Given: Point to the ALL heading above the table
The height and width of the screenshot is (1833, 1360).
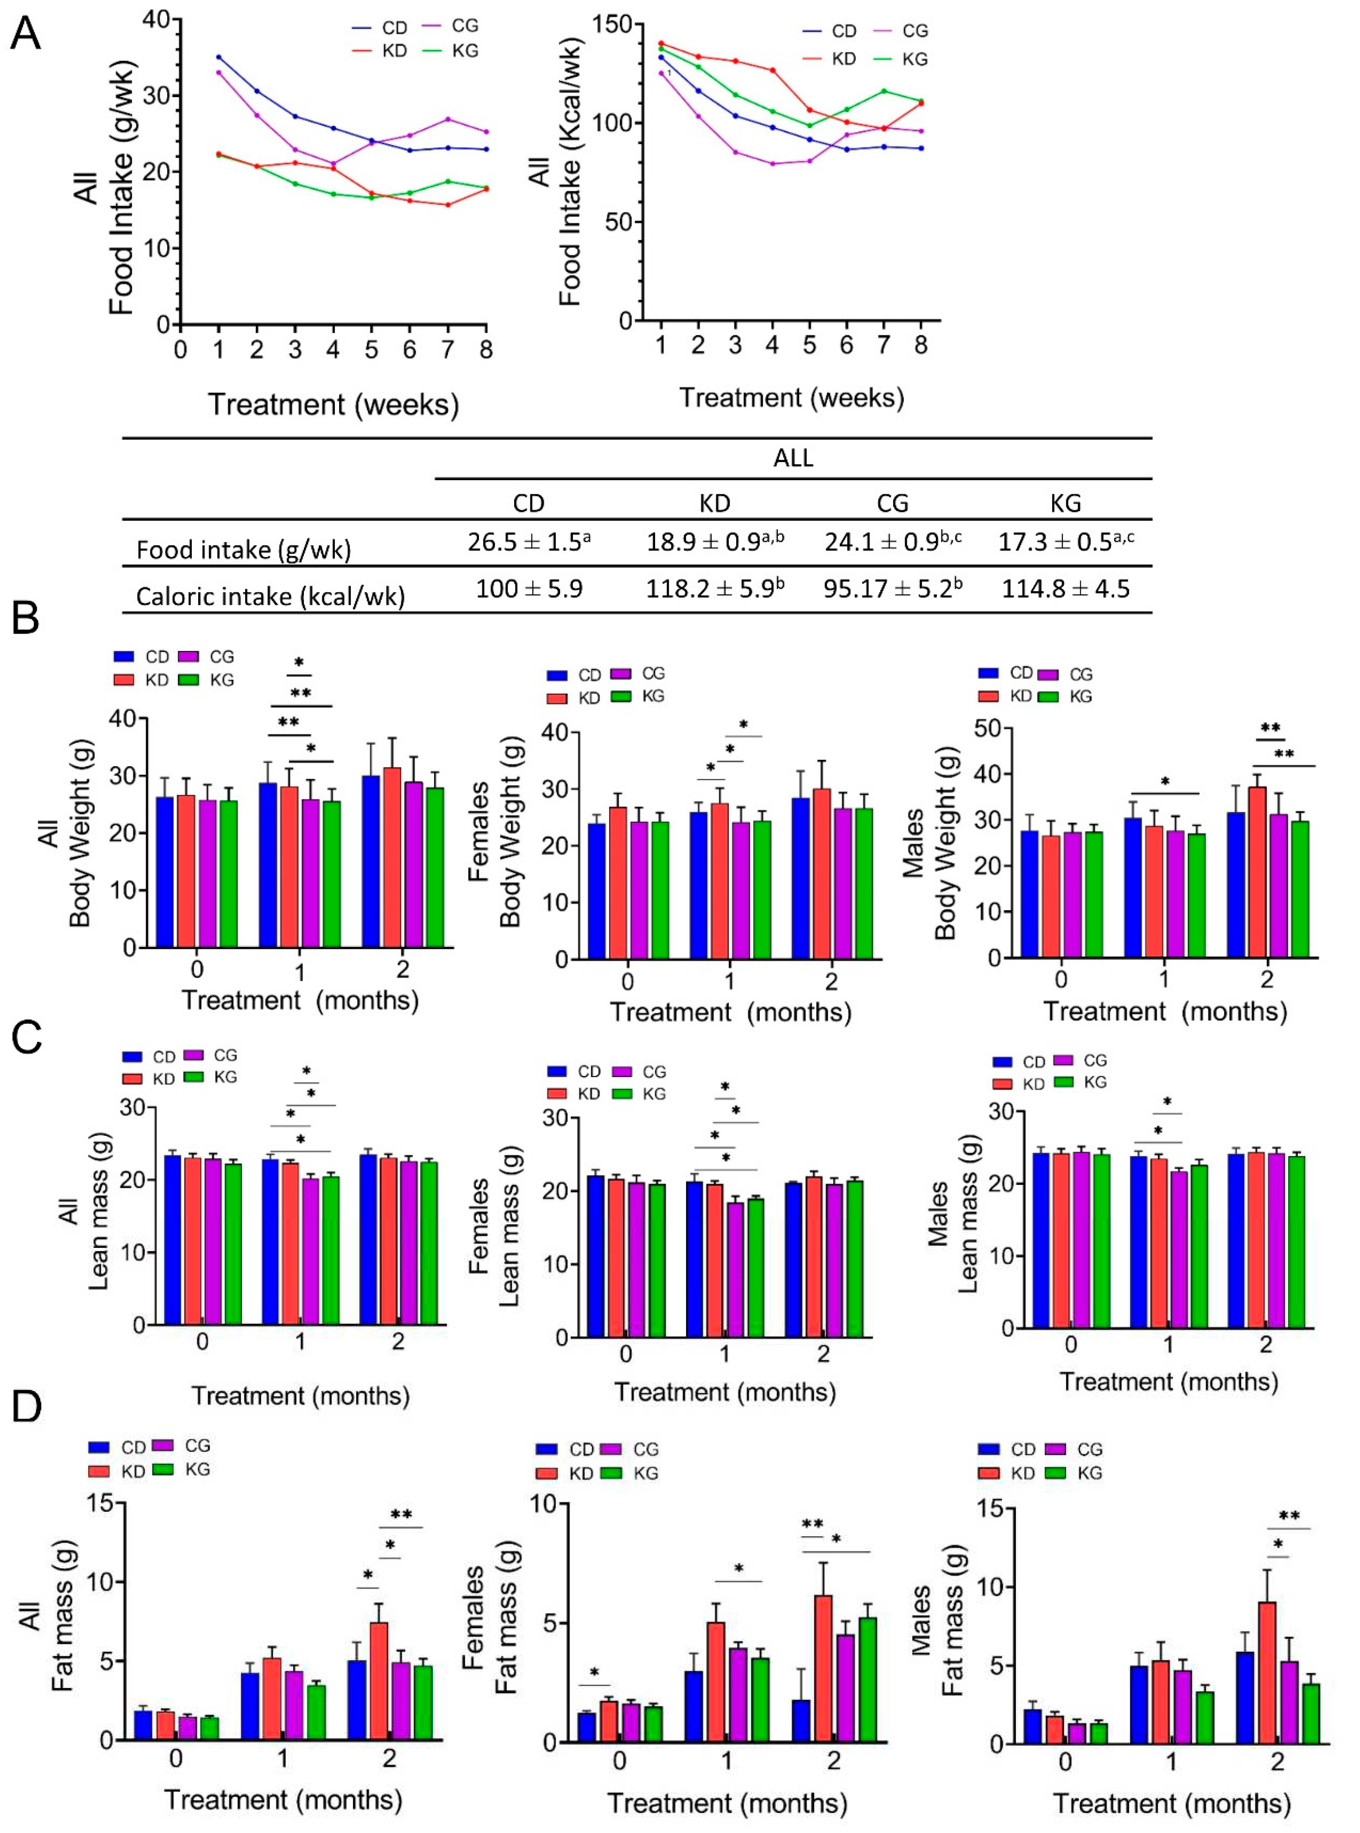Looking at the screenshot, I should coord(793,458).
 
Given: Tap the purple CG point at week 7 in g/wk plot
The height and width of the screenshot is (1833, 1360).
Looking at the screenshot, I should coord(448,119).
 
